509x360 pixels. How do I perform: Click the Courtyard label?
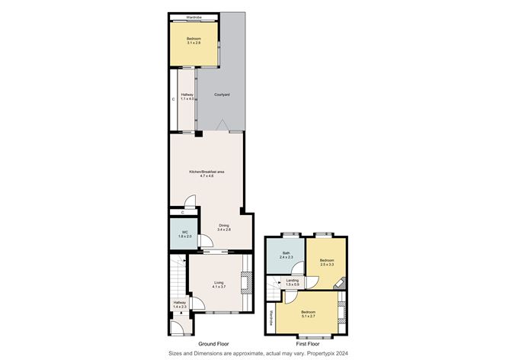(x=222, y=95)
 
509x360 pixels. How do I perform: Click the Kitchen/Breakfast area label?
(x=206, y=172)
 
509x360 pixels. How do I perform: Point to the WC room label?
(x=184, y=233)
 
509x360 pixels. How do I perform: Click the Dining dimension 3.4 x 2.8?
(x=224, y=230)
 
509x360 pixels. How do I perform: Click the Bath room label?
(x=287, y=254)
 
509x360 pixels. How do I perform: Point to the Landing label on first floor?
(x=293, y=281)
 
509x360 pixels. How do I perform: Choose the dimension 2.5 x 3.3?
(x=327, y=265)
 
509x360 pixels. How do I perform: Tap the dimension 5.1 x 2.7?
(x=309, y=317)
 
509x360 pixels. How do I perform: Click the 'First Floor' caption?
(x=306, y=344)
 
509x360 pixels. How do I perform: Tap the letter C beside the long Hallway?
(x=174, y=98)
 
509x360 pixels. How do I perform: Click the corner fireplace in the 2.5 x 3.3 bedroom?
(x=341, y=281)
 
